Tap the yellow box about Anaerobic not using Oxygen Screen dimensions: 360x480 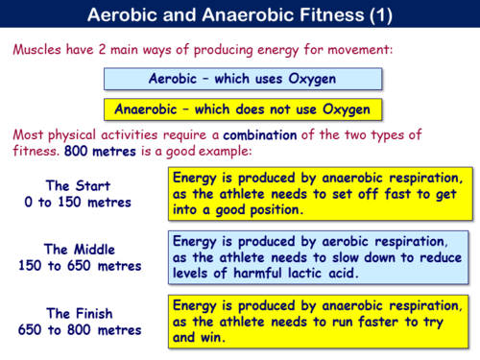pos(240,109)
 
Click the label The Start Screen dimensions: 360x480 pos(79,184)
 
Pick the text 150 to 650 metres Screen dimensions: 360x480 pos(79,266)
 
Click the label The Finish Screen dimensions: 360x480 pos(79,312)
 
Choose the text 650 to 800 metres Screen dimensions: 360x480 pos(79,329)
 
